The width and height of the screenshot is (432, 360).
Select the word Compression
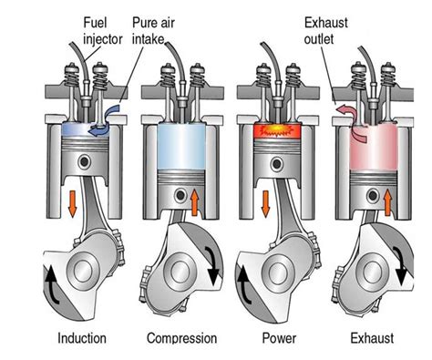(181, 338)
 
